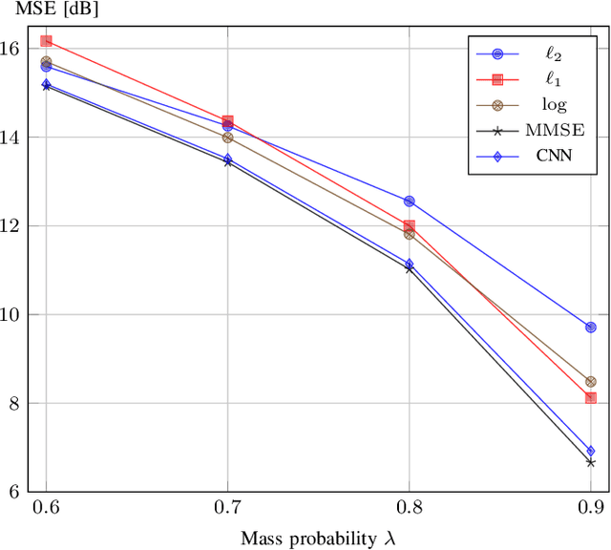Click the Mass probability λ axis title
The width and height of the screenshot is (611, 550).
point(317,539)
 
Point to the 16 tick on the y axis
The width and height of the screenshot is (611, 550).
point(15,49)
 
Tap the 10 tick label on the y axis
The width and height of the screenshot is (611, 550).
point(15,314)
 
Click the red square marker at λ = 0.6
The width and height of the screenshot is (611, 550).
point(46,41)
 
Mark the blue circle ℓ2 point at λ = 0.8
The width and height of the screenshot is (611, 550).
point(410,201)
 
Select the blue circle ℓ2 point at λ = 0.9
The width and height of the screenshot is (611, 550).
point(591,328)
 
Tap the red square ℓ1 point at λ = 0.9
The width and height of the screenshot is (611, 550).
point(591,397)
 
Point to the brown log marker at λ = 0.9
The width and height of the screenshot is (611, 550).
point(591,382)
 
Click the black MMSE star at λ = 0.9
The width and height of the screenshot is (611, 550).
point(591,462)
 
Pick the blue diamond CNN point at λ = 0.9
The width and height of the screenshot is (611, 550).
point(591,451)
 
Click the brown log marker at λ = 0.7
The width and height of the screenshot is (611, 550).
point(227,137)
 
